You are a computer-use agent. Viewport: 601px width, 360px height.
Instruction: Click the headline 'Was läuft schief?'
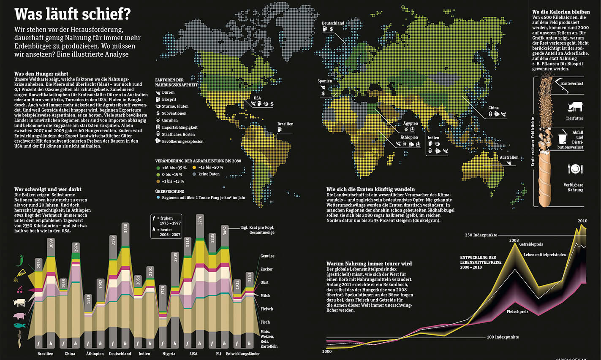[x=72, y=14]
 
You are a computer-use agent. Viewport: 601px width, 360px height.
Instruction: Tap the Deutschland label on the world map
[x=333, y=23]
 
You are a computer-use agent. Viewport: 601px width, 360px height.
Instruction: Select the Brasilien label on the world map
[x=285, y=124]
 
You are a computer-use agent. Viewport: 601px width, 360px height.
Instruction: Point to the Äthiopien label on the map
[x=409, y=137]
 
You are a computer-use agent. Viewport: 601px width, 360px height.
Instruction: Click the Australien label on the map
[x=509, y=157]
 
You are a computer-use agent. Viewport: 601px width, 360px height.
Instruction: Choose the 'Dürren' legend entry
[x=168, y=92]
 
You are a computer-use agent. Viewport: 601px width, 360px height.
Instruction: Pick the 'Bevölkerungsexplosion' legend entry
[x=182, y=141]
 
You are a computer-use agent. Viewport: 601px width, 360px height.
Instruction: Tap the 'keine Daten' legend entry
[x=209, y=174]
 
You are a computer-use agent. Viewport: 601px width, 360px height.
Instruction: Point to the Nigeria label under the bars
[x=169, y=354]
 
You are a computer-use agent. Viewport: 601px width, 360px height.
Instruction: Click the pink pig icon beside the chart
[x=19, y=316]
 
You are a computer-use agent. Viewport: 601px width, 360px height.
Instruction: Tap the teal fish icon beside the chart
[x=19, y=325]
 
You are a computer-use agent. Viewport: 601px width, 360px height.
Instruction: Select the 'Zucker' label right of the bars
[x=267, y=269]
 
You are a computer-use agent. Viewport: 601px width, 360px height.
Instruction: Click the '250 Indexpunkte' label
[x=481, y=235]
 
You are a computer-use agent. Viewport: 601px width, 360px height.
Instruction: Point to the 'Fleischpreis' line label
[x=517, y=312]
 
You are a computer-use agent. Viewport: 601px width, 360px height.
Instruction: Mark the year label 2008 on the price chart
[x=514, y=240]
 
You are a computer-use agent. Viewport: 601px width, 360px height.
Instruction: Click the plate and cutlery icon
[x=575, y=169]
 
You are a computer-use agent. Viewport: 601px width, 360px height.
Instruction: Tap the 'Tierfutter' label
[x=574, y=118]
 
